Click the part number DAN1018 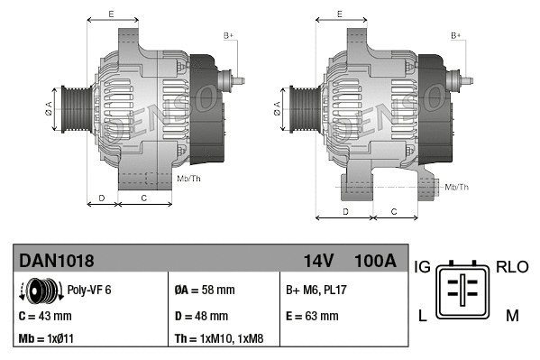click(56, 262)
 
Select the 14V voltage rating click(318, 262)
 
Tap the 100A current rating click(375, 262)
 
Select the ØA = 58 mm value click(204, 291)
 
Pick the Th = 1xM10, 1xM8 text click(219, 340)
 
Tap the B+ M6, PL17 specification click(317, 291)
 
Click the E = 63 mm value click(312, 317)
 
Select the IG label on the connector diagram click(422, 267)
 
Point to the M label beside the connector click(511, 315)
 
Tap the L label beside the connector click(422, 315)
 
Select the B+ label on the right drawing click(455, 35)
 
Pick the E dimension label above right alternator click(339, 14)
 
